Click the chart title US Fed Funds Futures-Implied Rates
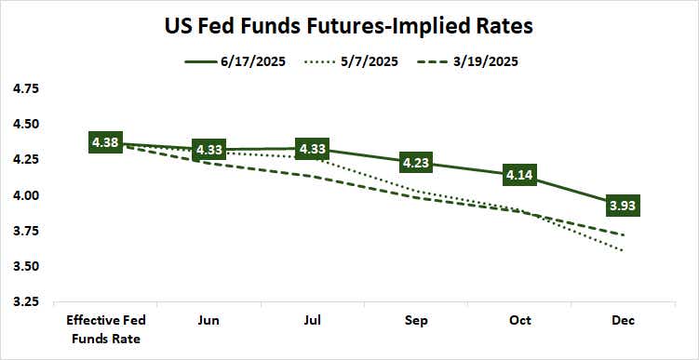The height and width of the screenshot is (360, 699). coord(349,26)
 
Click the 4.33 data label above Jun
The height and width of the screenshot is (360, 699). coord(208,150)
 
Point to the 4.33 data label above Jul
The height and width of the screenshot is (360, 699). coord(312,149)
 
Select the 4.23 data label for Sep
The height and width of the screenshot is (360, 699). coord(416,163)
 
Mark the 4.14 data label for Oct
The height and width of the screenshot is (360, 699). coord(519,175)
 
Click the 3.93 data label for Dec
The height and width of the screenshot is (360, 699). coord(623,206)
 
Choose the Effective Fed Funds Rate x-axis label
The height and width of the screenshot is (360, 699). coord(105,329)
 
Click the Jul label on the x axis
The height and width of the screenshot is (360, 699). coord(312,321)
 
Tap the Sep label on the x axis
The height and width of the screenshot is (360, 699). coord(416,321)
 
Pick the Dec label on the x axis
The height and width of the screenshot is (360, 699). coord(623,321)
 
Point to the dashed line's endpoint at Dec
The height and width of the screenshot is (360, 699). coord(623,235)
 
